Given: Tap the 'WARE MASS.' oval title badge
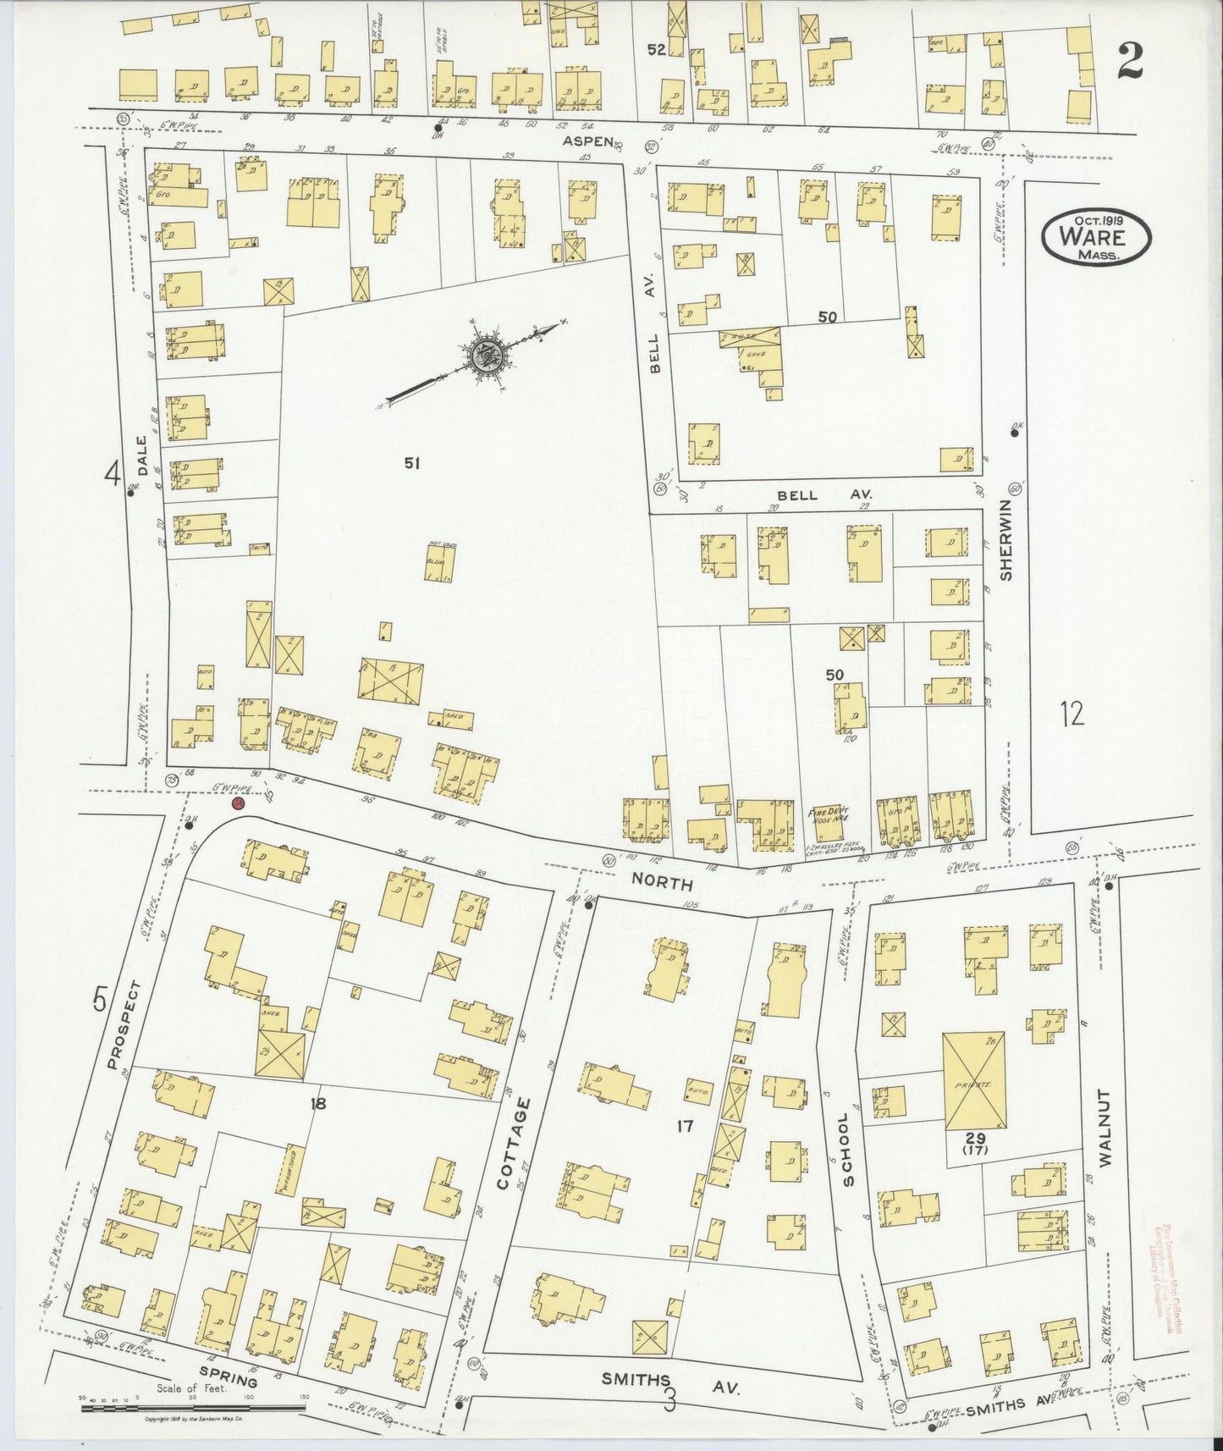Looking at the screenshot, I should pos(1096,238).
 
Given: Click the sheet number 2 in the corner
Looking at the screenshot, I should pos(1131,61).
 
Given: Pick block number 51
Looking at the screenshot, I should pos(412,463).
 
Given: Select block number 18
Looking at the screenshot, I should pos(317,1103).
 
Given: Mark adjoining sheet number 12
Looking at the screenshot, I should pos(1071,714).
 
